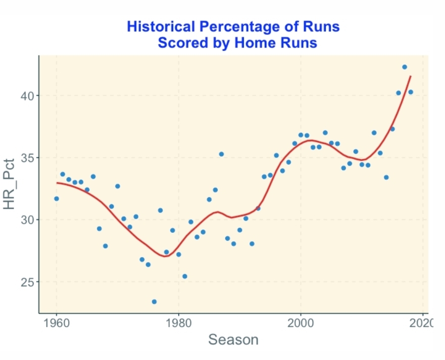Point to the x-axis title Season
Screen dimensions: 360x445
click(x=233, y=339)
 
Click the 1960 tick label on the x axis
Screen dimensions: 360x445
click(x=56, y=323)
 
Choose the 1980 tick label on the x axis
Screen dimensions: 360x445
click(x=178, y=323)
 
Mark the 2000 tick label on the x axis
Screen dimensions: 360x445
click(x=301, y=323)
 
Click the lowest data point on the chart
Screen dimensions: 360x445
click(x=154, y=302)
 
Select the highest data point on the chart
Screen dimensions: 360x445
click(x=405, y=67)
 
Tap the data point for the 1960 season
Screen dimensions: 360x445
click(x=56, y=198)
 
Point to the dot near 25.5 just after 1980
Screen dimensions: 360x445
click(x=185, y=276)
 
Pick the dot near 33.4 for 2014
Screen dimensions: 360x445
click(x=386, y=177)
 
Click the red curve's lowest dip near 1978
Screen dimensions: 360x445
click(x=165, y=256)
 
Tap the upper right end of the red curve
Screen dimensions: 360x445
click(x=411, y=77)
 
